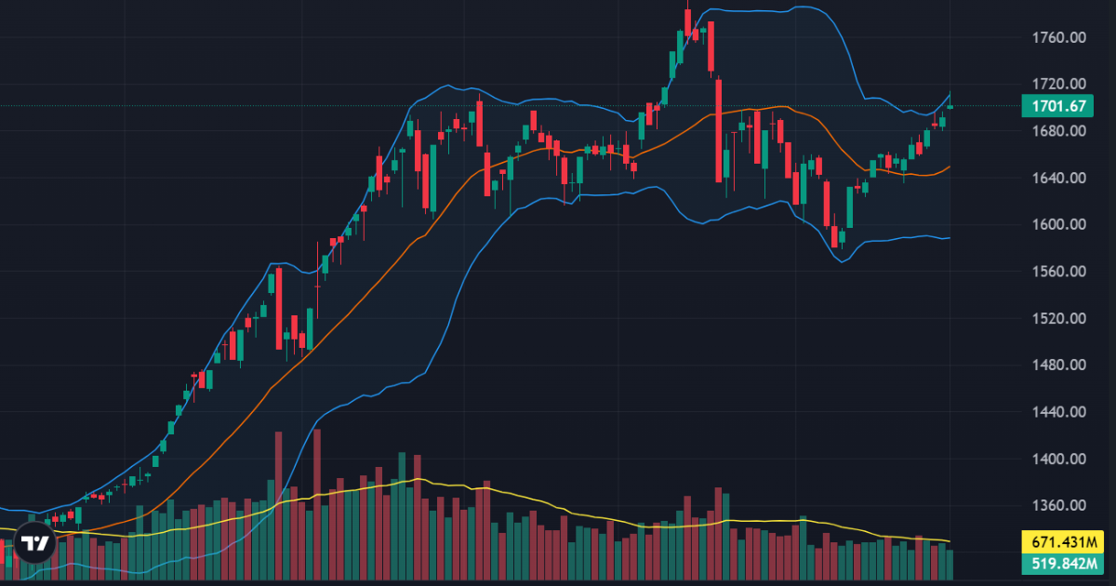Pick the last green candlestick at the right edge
pyautogui.click(x=950, y=107)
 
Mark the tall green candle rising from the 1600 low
pyautogui.click(x=849, y=206)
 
